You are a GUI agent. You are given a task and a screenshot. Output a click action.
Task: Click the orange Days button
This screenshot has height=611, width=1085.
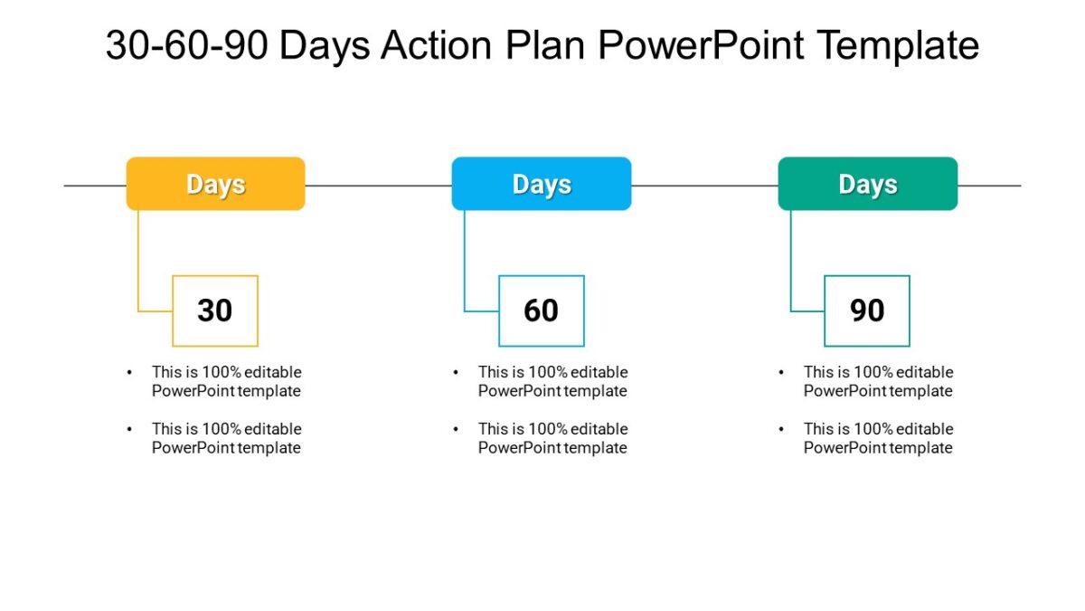(215, 184)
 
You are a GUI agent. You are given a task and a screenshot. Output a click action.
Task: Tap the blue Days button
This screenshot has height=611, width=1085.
(541, 184)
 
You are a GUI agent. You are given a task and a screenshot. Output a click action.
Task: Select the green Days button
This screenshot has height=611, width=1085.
(867, 184)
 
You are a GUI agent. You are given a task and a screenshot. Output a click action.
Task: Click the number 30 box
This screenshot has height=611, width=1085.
(215, 310)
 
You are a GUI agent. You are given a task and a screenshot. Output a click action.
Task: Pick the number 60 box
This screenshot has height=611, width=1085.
(541, 310)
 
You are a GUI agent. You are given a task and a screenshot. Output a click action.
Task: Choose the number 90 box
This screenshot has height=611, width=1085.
(866, 310)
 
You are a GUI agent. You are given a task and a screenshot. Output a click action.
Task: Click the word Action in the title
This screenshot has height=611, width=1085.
(439, 45)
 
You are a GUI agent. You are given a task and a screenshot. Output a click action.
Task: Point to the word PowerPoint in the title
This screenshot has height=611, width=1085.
(701, 45)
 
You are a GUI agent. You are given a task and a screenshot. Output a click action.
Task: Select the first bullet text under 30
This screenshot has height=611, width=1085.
(226, 381)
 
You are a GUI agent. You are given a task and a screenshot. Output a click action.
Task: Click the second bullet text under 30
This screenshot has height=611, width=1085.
(226, 438)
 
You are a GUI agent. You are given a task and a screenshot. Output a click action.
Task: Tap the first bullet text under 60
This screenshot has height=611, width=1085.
(552, 381)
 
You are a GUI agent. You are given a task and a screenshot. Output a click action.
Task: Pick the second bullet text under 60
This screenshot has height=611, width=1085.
(552, 438)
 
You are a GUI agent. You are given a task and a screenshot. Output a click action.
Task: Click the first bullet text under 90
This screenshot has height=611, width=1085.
(878, 381)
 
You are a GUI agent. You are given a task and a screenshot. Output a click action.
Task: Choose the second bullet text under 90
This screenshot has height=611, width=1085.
(878, 438)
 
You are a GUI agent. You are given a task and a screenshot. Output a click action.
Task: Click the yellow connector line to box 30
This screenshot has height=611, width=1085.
(138, 263)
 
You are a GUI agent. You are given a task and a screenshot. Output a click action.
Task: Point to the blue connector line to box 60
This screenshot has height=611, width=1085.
(465, 263)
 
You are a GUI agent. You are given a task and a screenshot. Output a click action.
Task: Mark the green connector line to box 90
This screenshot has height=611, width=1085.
(791, 263)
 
